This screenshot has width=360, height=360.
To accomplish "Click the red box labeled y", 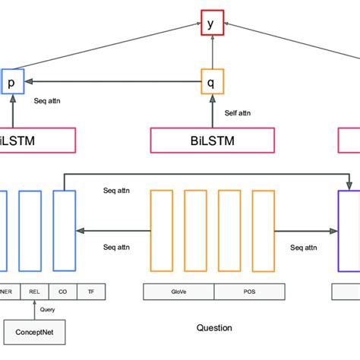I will coord(210,24).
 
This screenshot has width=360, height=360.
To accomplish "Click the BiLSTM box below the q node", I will coord(213,140).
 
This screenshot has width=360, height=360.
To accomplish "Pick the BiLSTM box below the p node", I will coord(38,140).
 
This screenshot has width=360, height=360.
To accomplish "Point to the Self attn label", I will coord(238,113).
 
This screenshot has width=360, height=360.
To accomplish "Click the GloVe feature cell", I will coord(178,292).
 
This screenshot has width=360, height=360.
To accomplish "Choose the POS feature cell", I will coord(248,292).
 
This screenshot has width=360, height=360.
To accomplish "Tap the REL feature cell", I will coord(33,292).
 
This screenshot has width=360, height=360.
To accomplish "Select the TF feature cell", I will coord(91,292).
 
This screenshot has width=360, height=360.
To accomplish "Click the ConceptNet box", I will coord(34,332).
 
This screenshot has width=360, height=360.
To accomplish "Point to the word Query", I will coord(48,309).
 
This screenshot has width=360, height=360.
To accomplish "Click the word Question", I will coord(214,327).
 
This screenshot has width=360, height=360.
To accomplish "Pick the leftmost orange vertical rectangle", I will coord(162,231).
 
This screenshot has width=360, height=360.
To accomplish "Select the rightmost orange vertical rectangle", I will coord(264,231).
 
